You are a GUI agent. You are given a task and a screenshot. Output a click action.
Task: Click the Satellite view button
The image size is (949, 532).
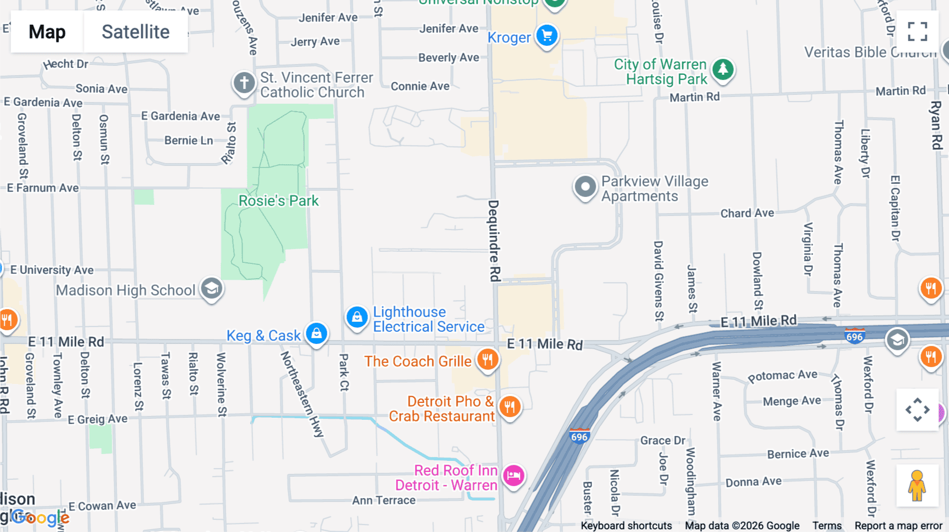click(x=135, y=32)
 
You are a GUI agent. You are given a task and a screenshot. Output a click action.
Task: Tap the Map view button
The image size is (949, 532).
click(x=47, y=32)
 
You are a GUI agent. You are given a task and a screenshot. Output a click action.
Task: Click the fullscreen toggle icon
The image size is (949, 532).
click(x=917, y=32)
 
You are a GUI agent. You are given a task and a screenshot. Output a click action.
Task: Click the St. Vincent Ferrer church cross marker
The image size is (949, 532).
click(x=244, y=83)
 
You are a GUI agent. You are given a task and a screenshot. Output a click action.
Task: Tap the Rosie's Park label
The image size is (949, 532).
click(x=278, y=201)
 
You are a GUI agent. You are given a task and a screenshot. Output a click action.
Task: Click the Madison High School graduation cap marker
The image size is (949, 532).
click(x=211, y=289)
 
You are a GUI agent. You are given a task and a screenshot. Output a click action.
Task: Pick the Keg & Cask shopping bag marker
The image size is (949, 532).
click(x=316, y=333)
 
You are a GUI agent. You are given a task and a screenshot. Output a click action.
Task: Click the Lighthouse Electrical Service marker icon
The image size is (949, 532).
click(x=357, y=318)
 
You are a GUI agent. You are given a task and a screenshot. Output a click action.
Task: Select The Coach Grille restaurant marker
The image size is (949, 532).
click(x=488, y=360)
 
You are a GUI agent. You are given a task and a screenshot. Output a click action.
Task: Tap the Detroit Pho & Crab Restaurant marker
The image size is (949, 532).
click(x=509, y=407)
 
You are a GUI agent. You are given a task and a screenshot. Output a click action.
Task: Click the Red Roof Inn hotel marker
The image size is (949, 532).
click(x=513, y=476)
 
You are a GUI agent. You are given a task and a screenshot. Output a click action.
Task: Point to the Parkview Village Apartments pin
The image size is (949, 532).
click(x=585, y=186)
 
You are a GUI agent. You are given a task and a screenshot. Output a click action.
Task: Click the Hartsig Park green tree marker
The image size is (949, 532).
click(x=723, y=69)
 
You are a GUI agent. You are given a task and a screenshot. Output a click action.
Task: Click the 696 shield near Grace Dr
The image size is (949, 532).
click(x=579, y=437)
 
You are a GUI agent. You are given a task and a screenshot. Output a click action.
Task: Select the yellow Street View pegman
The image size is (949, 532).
click(x=917, y=486)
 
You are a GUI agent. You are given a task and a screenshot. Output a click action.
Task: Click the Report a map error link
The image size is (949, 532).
click(x=898, y=526)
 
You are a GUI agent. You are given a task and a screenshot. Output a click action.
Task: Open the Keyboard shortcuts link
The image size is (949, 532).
click(x=626, y=526)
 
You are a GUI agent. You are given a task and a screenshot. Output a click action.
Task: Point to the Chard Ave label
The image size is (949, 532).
click(x=747, y=213)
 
